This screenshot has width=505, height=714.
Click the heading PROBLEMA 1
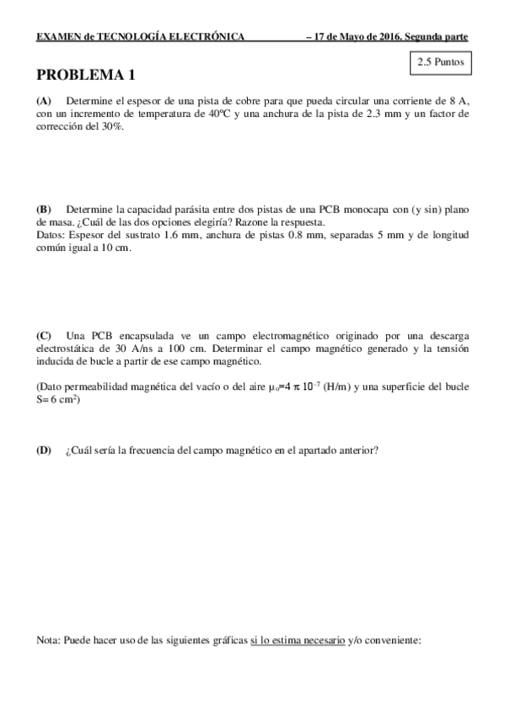pos(86,76)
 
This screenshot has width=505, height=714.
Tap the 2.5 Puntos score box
pos(435,62)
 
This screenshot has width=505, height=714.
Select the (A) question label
pos(44,99)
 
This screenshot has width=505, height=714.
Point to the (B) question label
pos(44,209)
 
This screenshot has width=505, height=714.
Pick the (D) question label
pos(44,450)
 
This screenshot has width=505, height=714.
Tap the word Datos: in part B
pos(54,235)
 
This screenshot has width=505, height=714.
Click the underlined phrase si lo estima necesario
pos(298,641)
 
